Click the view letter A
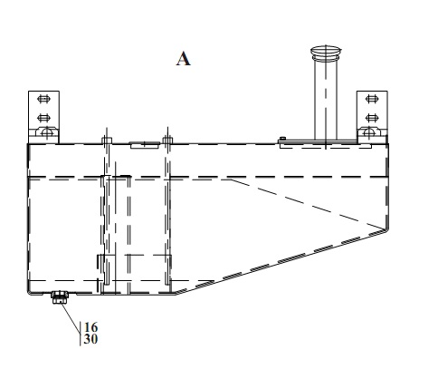pyautogui.click(x=184, y=59)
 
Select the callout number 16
pyautogui.click(x=90, y=327)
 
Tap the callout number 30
pyautogui.click(x=90, y=339)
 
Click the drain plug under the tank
pyautogui.click(x=60, y=296)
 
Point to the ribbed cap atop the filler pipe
pyautogui.click(x=326, y=53)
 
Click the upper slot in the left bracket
pyautogui.click(x=43, y=99)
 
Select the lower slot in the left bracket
pyautogui.click(x=43, y=118)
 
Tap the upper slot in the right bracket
pyautogui.click(x=372, y=99)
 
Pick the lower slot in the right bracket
pyautogui.click(x=372, y=118)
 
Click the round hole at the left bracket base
pyautogui.click(x=47, y=132)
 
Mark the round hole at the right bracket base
pyautogui.click(x=369, y=132)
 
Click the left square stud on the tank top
pyautogui.click(x=107, y=141)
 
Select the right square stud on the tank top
pyautogui.click(x=167, y=141)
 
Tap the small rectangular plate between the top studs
pyautogui.click(x=145, y=145)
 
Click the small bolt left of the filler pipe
pyautogui.click(x=282, y=139)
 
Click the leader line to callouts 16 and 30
pyautogui.click(x=71, y=318)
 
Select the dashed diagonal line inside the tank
pyautogui.click(x=308, y=204)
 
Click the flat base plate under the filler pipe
pyautogui.click(x=318, y=141)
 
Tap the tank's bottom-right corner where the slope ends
pyautogui.click(x=387, y=229)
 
